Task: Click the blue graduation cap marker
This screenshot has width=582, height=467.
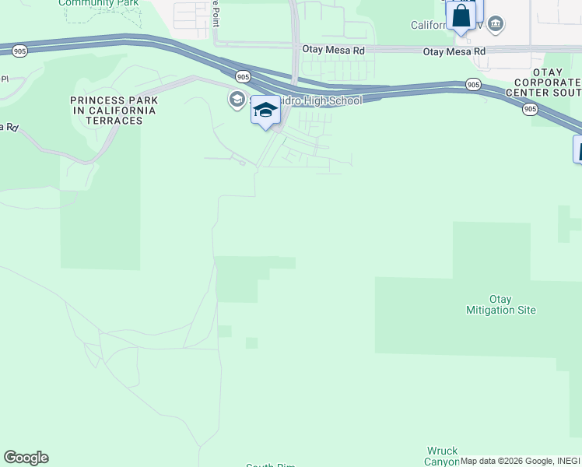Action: tap(265, 111)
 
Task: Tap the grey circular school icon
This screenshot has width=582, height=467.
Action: tap(237, 100)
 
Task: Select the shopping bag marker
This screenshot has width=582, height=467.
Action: tap(461, 16)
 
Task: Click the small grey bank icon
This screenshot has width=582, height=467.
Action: tap(496, 24)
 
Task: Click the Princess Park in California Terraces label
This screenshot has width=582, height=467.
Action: tap(114, 111)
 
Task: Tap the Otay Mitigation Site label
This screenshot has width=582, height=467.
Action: tap(511, 304)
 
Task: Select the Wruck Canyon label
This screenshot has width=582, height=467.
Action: tap(442, 456)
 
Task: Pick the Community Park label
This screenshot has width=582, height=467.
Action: tap(99, 3)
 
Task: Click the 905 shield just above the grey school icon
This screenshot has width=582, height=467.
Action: tap(244, 76)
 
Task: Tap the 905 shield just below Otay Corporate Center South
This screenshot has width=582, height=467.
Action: tap(530, 110)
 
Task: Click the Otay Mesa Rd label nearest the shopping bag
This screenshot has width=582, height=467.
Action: tap(454, 51)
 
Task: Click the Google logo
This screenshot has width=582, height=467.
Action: tap(26, 457)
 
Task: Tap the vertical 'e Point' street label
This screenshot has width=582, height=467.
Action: tap(215, 13)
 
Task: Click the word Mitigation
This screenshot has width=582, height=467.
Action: tap(511, 310)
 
